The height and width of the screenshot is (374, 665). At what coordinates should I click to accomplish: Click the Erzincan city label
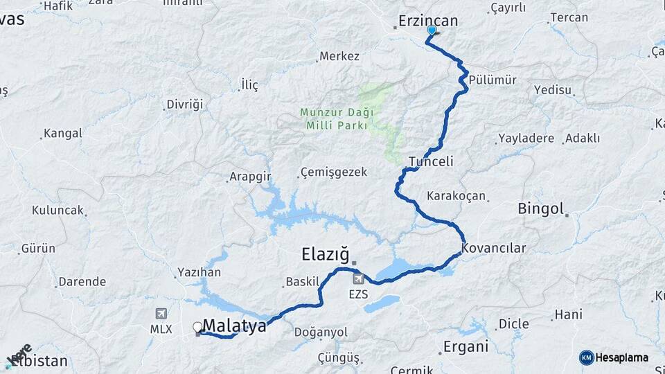coord(428,21)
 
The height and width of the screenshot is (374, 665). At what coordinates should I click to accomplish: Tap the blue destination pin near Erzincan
coord(432,30)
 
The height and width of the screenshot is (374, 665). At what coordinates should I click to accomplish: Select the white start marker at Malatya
coord(197,326)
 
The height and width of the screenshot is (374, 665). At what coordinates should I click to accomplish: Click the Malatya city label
coord(235,326)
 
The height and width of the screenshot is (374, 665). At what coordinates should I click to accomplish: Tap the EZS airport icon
coord(358,278)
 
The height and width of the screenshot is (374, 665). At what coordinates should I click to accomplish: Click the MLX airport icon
coord(161,314)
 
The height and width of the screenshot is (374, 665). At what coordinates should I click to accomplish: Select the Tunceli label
coord(431,161)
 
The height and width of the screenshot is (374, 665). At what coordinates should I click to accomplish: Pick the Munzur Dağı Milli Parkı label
coord(337,118)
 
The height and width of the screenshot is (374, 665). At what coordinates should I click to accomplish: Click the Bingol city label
coord(541,208)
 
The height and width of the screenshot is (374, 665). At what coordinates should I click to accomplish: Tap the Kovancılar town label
coord(494,248)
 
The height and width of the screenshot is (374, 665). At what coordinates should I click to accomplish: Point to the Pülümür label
coord(493,80)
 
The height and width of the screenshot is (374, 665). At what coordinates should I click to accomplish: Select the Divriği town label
coord(185,105)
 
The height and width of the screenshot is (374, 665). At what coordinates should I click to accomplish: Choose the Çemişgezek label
coord(333,172)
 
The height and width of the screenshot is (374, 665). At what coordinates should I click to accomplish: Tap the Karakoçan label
coord(456,195)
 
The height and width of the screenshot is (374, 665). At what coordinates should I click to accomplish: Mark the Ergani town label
coord(465,346)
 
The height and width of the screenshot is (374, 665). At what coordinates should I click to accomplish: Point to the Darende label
coord(82,282)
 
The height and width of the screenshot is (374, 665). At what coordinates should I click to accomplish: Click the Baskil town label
coord(302,283)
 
